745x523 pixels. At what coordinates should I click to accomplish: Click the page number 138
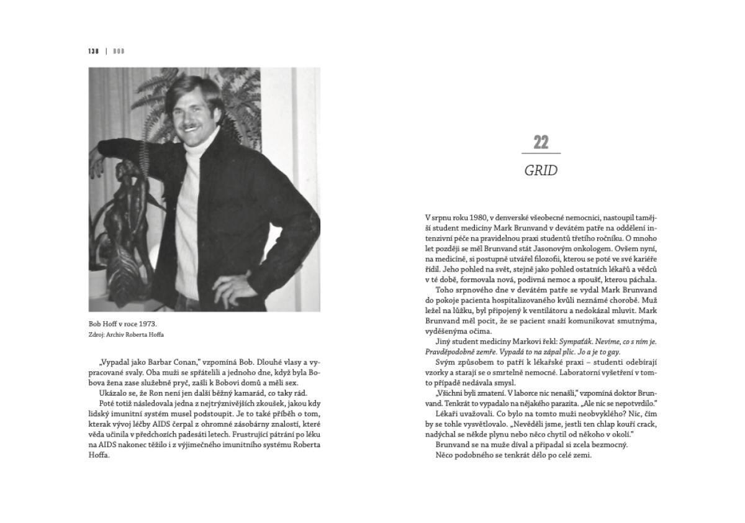(x=94, y=51)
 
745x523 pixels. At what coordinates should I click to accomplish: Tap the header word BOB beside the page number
(x=119, y=51)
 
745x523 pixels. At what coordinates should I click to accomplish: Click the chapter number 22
(x=541, y=142)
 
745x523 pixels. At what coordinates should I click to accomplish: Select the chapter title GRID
(x=541, y=171)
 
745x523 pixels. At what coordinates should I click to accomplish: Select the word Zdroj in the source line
(x=97, y=334)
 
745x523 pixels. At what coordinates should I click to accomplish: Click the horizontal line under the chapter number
(x=541, y=153)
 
